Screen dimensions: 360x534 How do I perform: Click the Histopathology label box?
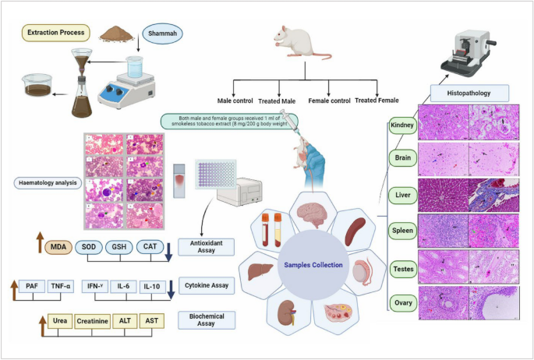tap(467, 93)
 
